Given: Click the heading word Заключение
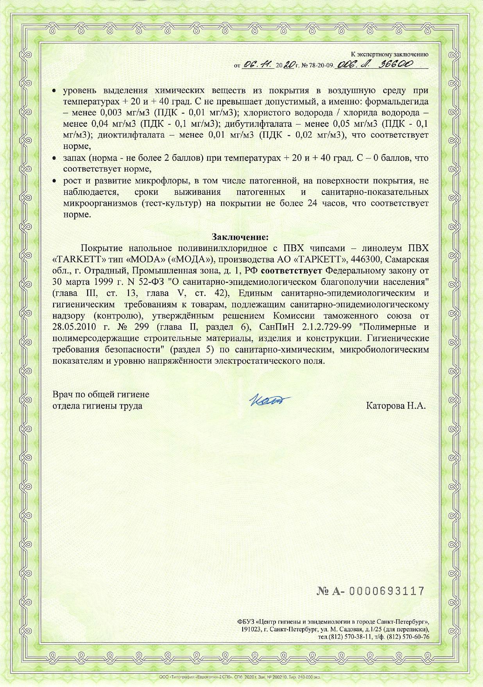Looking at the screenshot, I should point(240,237).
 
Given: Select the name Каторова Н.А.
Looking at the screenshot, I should point(395,405).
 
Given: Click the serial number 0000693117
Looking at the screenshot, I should point(386,591).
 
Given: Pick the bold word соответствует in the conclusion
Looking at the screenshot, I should point(291,271).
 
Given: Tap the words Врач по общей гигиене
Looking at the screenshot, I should point(101,395).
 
